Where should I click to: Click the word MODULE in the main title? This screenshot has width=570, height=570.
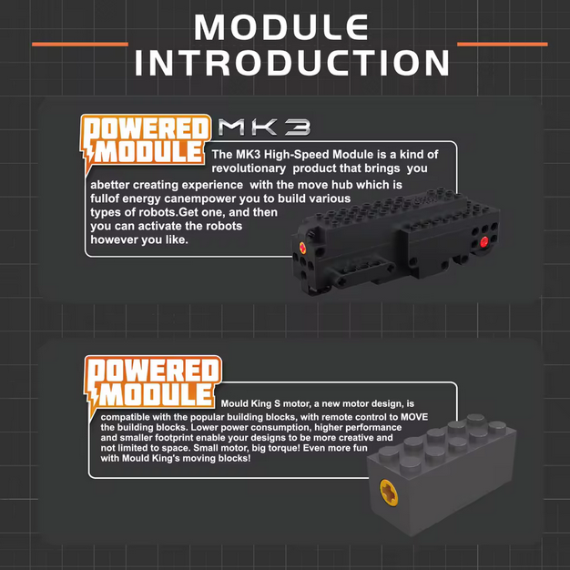pyautogui.click(x=281, y=27)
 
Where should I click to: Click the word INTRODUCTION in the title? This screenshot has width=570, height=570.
pyautogui.click(x=292, y=63)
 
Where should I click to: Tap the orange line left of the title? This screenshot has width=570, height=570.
pyautogui.click(x=80, y=45)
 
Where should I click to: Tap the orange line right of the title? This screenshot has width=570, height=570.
pyautogui.click(x=503, y=45)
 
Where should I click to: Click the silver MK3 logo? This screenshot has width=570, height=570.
pyautogui.click(x=264, y=127)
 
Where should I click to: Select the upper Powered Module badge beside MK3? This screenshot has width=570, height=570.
pyautogui.click(x=146, y=140)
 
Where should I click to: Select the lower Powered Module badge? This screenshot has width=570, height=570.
pyautogui.click(x=153, y=383)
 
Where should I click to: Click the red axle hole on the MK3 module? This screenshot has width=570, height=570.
pyautogui.click(x=483, y=241)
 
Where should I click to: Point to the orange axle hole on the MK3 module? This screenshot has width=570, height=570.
pyautogui.click(x=302, y=248)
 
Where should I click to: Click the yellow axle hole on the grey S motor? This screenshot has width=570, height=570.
pyautogui.click(x=389, y=493)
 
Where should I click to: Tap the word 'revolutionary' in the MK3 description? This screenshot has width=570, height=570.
pyautogui.click(x=249, y=168)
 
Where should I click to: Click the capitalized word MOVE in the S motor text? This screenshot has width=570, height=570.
pyautogui.click(x=414, y=417)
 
